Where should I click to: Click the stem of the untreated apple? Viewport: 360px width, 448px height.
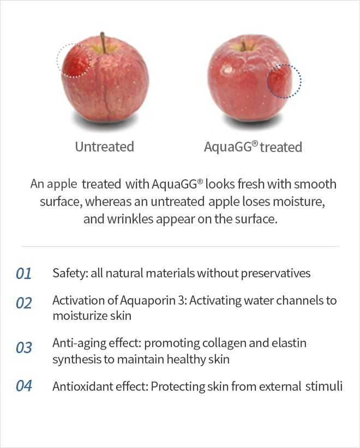pyautogui.click(x=103, y=43)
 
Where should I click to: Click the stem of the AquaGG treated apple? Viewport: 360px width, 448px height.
pyautogui.click(x=243, y=45)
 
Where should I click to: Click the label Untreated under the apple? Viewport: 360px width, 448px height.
pyautogui.click(x=105, y=147)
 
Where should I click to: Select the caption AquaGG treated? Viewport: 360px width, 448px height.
pyautogui.click(x=253, y=147)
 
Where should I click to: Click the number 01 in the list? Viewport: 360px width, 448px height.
pyautogui.click(x=24, y=274)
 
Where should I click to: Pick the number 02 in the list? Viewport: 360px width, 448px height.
pyautogui.click(x=24, y=303)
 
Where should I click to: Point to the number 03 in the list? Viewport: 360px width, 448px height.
pyautogui.click(x=24, y=347)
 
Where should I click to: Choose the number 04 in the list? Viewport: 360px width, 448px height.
pyautogui.click(x=24, y=386)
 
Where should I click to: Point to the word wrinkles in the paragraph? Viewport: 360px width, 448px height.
pyautogui.click(x=130, y=219)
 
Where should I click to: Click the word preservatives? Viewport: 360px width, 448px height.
pyautogui.click(x=275, y=274)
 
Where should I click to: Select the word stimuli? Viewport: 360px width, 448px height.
pyautogui.click(x=324, y=386)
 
